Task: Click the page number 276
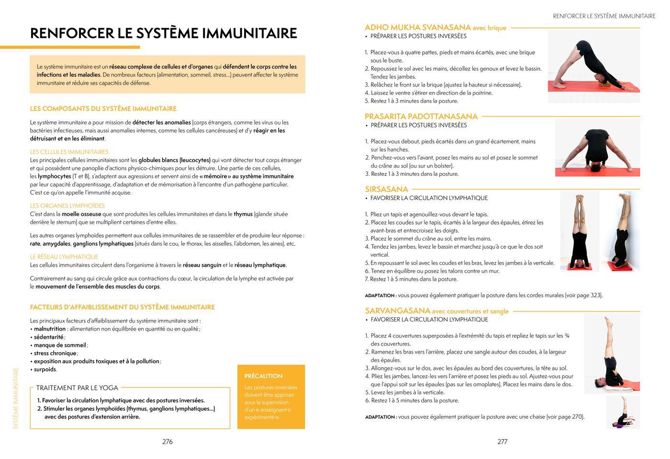pyautogui.click(x=167, y=442)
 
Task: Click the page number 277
pyautogui.click(x=502, y=442)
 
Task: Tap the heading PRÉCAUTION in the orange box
pyautogui.click(x=263, y=376)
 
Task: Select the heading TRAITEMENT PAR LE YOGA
pyautogui.click(x=77, y=388)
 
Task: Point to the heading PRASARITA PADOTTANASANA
pyautogui.click(x=421, y=116)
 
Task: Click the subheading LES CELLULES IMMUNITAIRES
pyautogui.click(x=69, y=152)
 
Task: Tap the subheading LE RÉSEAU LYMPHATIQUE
pyautogui.click(x=64, y=257)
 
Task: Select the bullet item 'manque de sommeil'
pyautogui.click(x=60, y=345)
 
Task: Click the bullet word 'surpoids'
pyautogui.click(x=45, y=369)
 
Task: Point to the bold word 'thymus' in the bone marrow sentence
pyautogui.click(x=243, y=214)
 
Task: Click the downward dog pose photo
pyautogui.click(x=593, y=67)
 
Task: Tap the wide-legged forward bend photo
pyautogui.click(x=597, y=148)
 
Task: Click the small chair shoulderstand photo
pyautogui.click(x=623, y=413)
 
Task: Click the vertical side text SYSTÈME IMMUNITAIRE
pyautogui.click(x=16, y=398)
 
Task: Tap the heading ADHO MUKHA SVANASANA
pyautogui.click(x=417, y=27)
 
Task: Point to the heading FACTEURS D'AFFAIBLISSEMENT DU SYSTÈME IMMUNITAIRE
pyautogui.click(x=122, y=307)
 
